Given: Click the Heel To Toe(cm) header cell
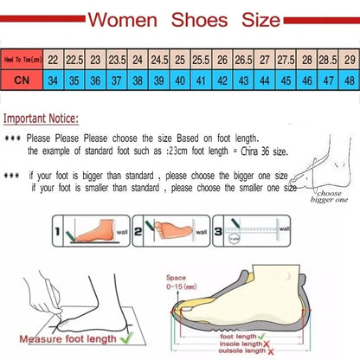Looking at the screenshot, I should click(21, 60).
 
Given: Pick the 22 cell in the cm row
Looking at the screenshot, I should click(53, 60).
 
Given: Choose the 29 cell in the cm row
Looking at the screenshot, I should click(348, 60).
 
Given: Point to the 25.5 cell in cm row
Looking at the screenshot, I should click(201, 60).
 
